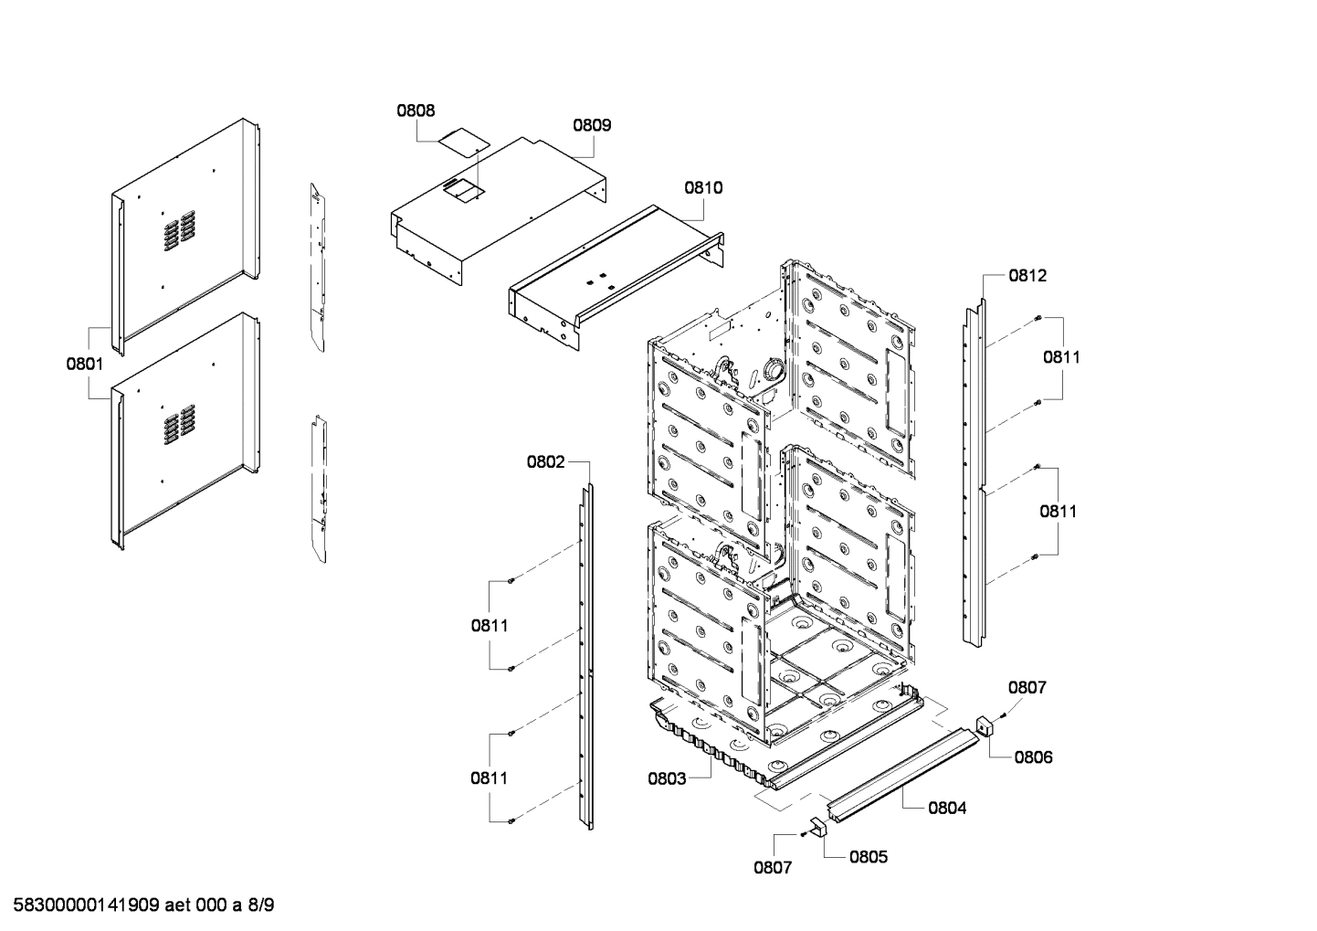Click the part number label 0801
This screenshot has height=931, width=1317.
(x=84, y=364)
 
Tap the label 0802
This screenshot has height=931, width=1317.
(x=545, y=462)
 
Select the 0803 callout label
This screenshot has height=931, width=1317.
(x=667, y=778)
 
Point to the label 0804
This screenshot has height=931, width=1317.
(x=947, y=808)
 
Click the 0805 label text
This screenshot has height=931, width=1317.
(x=868, y=857)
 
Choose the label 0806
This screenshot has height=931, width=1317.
(x=1033, y=757)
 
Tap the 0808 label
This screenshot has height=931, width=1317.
(x=416, y=111)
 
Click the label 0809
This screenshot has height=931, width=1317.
(x=592, y=125)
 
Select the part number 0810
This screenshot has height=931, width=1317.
(x=703, y=188)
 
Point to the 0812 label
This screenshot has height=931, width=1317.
(x=1027, y=275)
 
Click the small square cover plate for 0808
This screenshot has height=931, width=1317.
(x=462, y=141)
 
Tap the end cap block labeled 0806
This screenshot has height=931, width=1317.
(x=985, y=727)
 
